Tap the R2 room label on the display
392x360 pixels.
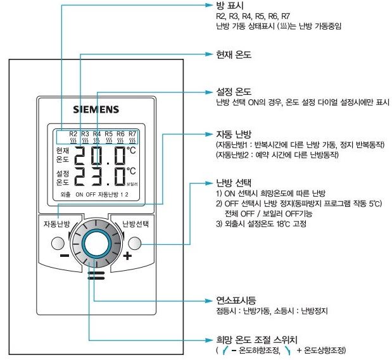[x=73, y=134]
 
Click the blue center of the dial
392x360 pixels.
[x=95, y=244]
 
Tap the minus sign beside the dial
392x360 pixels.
[x=65, y=257]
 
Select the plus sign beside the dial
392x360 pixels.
[x=127, y=256]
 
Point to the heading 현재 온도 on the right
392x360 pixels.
[x=234, y=55]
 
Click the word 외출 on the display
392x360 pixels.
[x=66, y=195]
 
